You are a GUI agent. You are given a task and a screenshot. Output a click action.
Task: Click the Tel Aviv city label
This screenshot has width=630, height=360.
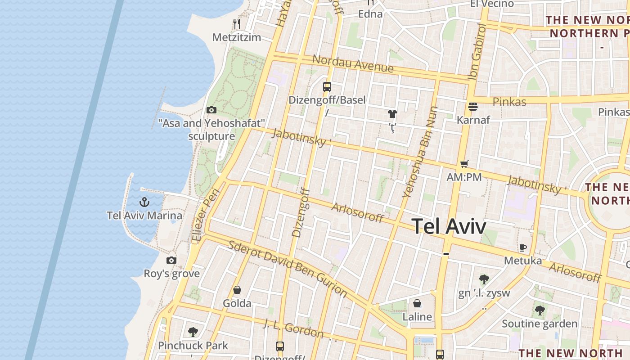(449, 226)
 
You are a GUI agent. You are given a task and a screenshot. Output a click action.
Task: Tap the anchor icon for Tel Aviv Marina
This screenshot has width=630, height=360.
(144, 202)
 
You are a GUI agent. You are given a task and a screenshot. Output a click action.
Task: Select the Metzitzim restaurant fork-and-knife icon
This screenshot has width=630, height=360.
(237, 24)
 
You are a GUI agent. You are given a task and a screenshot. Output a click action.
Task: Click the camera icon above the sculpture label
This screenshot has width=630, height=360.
(211, 110)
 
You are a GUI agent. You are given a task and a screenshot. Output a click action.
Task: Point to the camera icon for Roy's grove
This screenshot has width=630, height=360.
(171, 260)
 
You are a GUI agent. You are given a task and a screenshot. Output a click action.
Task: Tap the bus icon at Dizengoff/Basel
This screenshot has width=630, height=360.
(327, 86)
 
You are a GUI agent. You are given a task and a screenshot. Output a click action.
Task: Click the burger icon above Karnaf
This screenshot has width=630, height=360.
(472, 107)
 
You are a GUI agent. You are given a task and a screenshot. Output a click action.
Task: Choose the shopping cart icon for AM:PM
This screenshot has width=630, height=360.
(464, 164)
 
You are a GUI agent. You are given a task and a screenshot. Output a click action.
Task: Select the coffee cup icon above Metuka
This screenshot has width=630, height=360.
(522, 247)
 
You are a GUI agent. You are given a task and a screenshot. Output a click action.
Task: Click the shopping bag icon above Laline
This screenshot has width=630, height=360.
(417, 303)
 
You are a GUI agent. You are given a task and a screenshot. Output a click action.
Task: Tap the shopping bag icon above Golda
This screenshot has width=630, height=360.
(237, 290)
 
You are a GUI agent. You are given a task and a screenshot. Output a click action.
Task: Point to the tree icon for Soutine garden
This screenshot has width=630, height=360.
(540, 310)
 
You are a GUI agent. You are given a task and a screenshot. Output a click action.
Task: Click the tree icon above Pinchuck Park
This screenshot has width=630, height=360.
(193, 332)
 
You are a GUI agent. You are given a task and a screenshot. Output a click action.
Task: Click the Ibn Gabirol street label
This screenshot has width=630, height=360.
(477, 52)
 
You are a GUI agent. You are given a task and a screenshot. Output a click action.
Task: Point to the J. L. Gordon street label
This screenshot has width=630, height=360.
(293, 328)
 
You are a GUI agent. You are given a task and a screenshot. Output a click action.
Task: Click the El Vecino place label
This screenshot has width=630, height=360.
(491, 4)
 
